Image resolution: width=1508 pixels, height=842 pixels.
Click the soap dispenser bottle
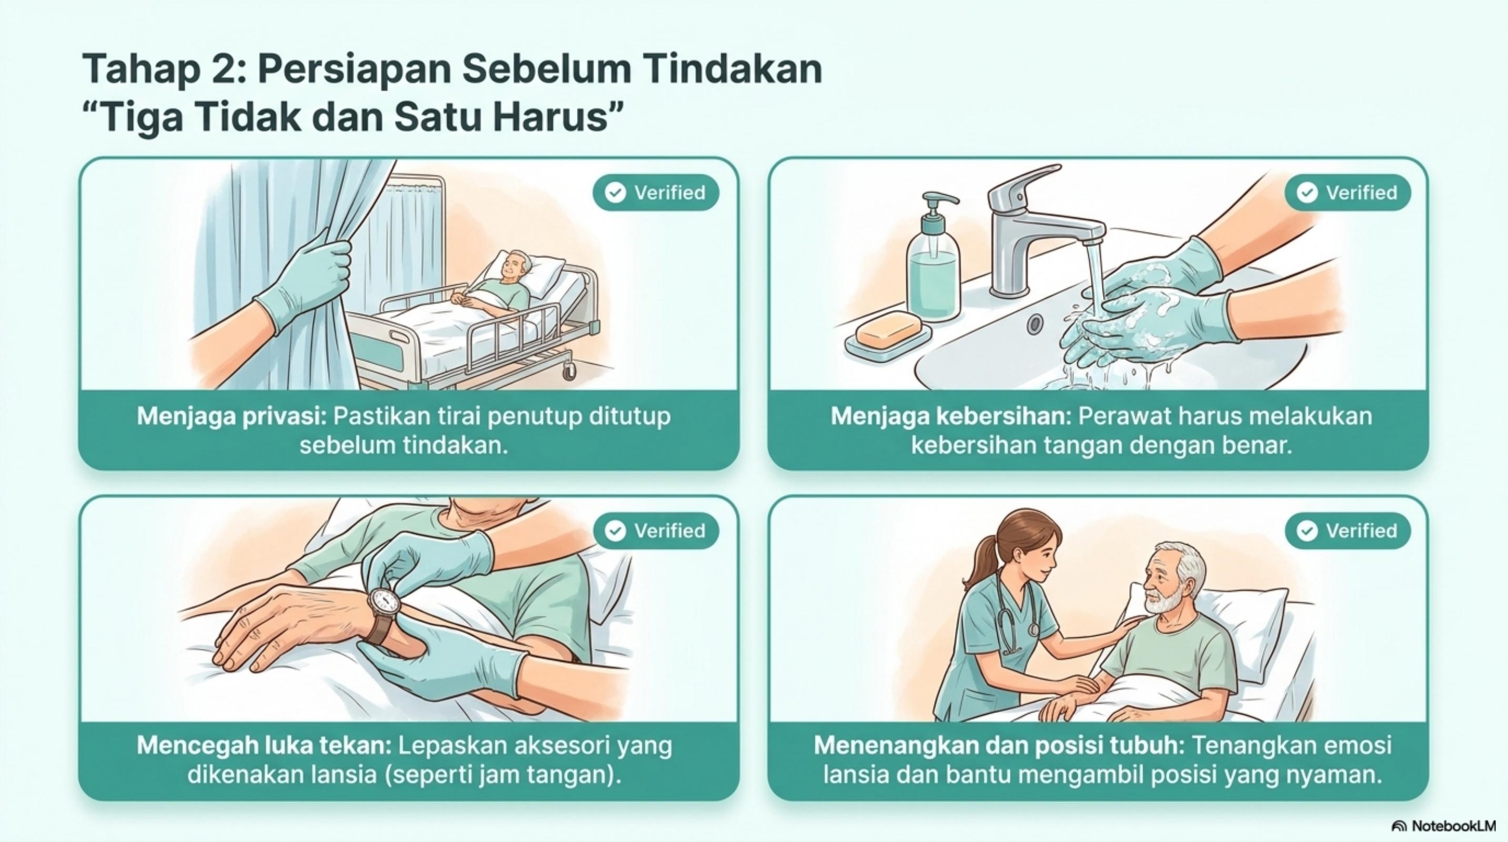[x=933, y=264]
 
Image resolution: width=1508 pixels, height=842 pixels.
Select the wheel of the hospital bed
[x=568, y=369]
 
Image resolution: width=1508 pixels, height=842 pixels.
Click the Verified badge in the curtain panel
[x=656, y=192]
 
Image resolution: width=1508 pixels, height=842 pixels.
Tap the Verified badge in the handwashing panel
[x=1348, y=192]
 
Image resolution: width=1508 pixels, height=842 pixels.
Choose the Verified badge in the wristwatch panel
[x=656, y=530]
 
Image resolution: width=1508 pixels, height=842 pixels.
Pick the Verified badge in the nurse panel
[x=1348, y=530]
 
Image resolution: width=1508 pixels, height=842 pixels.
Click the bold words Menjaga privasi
[x=232, y=417]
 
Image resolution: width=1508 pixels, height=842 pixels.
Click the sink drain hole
[x=1036, y=324]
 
